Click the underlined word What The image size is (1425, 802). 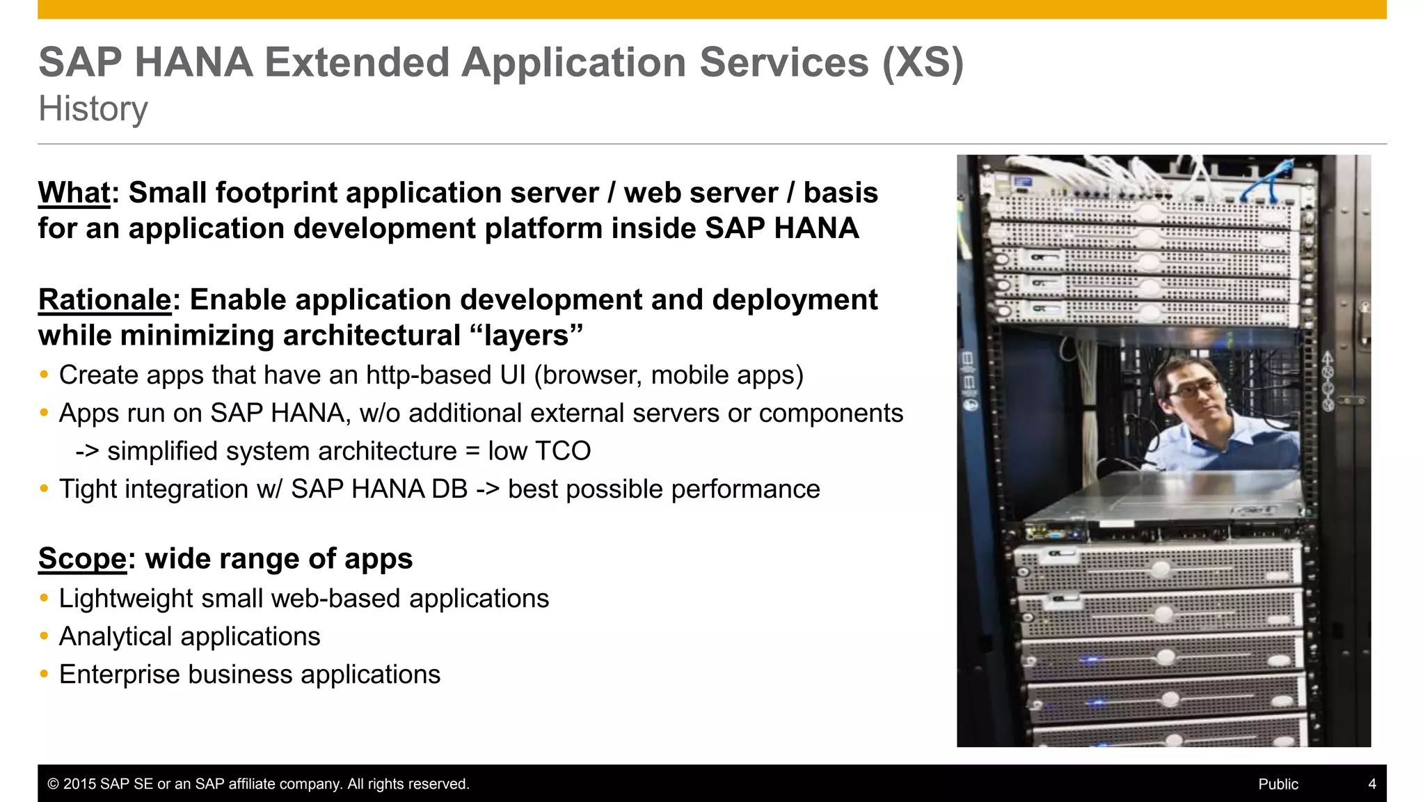click(x=74, y=193)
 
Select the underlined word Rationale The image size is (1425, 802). click(x=104, y=300)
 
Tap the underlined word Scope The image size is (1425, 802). click(x=82, y=559)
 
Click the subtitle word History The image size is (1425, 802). click(x=93, y=109)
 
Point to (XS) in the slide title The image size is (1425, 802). click(x=923, y=63)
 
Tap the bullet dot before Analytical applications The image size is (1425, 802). click(x=45, y=636)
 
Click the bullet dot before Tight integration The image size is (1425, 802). click(x=45, y=489)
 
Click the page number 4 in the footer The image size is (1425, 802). click(x=1371, y=784)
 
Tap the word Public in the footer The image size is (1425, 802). click(x=1277, y=784)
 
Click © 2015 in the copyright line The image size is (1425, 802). click(x=72, y=784)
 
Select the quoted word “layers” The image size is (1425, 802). click(x=526, y=336)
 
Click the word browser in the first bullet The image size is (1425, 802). click(x=590, y=376)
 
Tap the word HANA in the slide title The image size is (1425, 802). click(x=194, y=63)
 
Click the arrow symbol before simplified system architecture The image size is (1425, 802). click(x=88, y=451)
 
